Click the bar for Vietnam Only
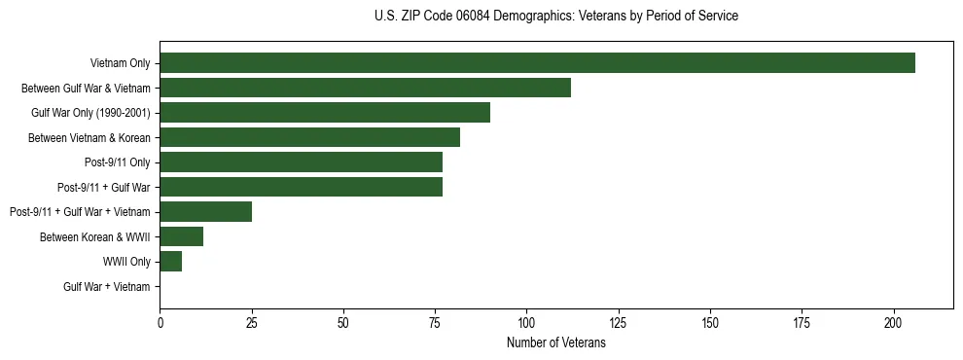point(537,63)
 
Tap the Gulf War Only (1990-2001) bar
point(325,113)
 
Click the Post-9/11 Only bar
point(301,162)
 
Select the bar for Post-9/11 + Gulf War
point(301,187)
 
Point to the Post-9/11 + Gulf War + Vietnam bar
point(205,212)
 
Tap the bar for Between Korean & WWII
point(181,236)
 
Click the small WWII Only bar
point(170,262)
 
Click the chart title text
point(555,17)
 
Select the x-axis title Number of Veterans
point(555,343)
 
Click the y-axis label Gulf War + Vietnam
point(106,286)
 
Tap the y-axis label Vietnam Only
point(120,63)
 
